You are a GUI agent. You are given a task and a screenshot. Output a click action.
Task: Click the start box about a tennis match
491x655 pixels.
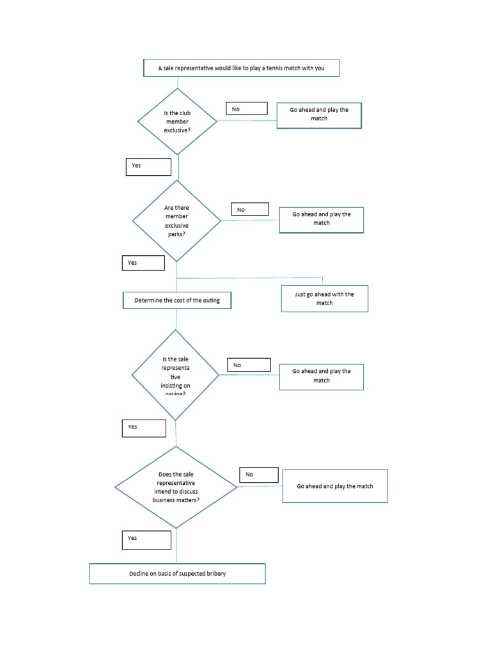(x=241, y=68)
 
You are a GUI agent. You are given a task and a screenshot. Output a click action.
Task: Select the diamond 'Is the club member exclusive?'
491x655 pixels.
(x=178, y=122)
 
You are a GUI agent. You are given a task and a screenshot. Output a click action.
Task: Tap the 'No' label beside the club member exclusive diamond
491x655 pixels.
(x=246, y=109)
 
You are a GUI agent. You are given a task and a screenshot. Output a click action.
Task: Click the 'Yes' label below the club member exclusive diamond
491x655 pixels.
(x=148, y=166)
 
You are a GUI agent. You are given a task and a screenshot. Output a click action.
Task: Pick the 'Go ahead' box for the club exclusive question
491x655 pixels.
(x=319, y=115)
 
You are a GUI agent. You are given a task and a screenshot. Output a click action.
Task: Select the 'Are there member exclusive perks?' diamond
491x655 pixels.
(x=176, y=221)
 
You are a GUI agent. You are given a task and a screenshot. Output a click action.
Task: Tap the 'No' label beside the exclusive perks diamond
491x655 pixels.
(x=250, y=209)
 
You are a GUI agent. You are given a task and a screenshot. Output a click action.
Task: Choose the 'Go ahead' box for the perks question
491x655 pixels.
(x=322, y=219)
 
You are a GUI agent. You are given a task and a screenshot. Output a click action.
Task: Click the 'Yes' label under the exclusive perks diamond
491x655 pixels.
(x=143, y=263)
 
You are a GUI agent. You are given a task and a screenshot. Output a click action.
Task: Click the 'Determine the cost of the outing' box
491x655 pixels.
(x=177, y=301)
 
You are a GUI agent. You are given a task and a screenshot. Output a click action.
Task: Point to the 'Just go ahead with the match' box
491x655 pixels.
(x=324, y=299)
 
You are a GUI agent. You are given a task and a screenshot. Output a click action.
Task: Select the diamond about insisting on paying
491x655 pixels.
(x=175, y=375)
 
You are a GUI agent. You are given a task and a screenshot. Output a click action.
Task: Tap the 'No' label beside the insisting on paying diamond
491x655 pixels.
(x=249, y=365)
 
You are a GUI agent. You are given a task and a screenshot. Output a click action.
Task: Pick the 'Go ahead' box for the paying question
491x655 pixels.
(x=322, y=377)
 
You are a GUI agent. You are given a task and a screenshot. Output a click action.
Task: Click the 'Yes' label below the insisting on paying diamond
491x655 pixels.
(x=144, y=428)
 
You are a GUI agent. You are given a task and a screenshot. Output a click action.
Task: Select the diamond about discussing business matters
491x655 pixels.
(x=176, y=487)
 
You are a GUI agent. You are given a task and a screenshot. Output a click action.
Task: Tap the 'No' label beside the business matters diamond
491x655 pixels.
(x=259, y=475)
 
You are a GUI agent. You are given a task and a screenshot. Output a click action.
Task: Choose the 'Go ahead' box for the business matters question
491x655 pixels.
(x=335, y=486)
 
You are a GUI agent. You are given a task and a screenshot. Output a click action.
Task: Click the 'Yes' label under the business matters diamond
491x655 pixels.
(x=146, y=540)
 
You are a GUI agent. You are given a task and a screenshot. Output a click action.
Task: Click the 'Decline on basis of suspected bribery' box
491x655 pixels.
(x=177, y=574)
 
